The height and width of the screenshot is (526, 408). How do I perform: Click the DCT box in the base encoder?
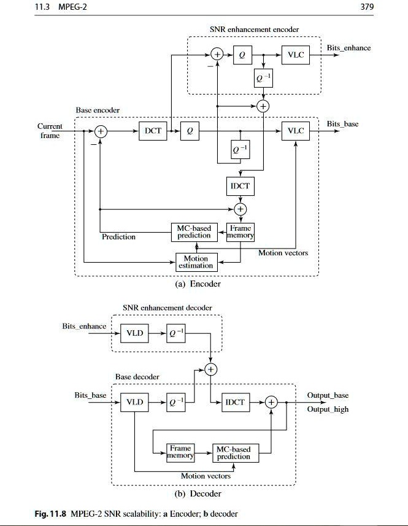[x=153, y=131]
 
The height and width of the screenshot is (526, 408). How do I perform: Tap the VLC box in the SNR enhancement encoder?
[x=295, y=55]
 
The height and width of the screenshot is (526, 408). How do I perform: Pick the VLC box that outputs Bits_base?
[x=295, y=131]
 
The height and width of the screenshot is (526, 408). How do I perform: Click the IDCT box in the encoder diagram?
[x=239, y=185]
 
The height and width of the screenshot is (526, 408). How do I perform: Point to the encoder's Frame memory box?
[x=240, y=231]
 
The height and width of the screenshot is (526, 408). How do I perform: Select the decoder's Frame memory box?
[x=180, y=452]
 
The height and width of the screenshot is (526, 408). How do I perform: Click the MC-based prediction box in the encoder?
[x=194, y=231]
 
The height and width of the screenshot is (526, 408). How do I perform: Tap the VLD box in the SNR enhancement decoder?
[x=134, y=333]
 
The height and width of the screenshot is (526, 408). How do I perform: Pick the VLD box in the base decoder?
[x=134, y=402]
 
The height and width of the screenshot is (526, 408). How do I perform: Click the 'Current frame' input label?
[x=50, y=131]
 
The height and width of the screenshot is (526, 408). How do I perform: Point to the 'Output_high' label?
[x=328, y=409]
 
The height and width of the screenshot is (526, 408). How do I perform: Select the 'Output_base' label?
[x=328, y=395]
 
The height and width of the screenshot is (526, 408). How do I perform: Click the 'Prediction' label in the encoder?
[x=118, y=237]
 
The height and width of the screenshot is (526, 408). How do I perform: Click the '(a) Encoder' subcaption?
[x=198, y=284]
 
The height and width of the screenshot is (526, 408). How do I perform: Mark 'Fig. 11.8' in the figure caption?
[x=51, y=514]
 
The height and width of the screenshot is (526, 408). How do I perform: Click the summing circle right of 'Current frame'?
[x=101, y=131]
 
